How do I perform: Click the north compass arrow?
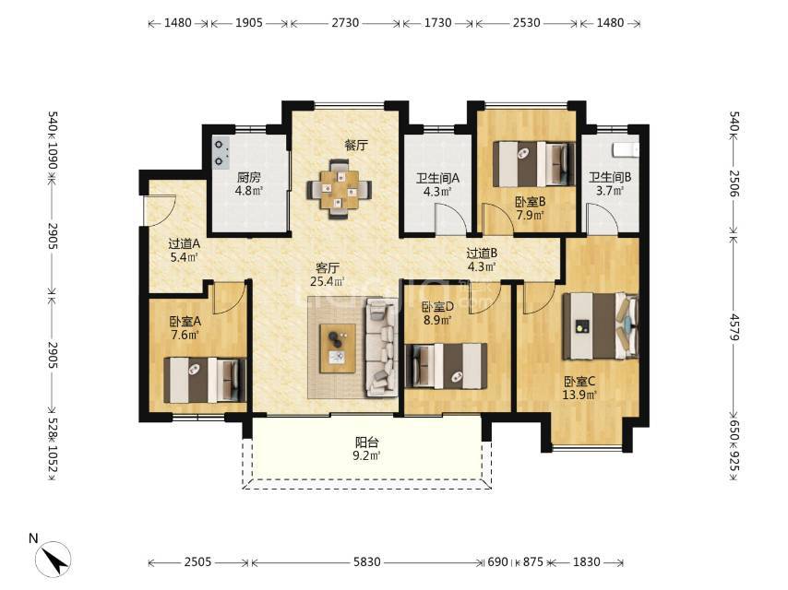[54, 559]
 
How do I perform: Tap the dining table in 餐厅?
[340, 189]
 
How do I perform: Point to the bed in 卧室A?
[205, 380]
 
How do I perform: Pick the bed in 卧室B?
[533, 164]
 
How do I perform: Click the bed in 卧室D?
[447, 366]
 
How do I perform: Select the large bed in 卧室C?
[601, 326]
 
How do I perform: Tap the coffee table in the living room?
[338, 348]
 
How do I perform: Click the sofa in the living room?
[382, 347]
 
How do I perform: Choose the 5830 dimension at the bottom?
[367, 561]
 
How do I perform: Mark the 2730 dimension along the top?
[345, 23]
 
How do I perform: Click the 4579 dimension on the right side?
[734, 327]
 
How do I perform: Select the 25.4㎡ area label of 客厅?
[328, 281]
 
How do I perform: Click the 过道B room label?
[482, 254]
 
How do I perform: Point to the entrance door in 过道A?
[159, 211]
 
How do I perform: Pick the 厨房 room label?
[249, 177]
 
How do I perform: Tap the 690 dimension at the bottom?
[497, 561]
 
